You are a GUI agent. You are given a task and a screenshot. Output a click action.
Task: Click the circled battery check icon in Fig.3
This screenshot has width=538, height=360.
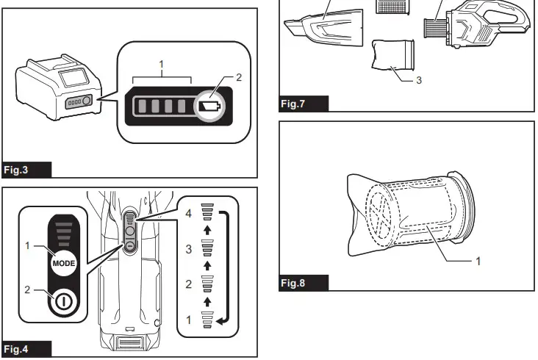click(x=210, y=107)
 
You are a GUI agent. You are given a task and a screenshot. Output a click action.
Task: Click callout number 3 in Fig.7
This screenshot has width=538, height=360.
click(x=418, y=80)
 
